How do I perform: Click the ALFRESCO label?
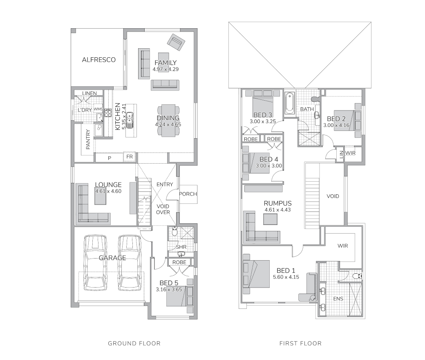click(x=98, y=60)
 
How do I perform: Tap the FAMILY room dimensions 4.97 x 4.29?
click(x=166, y=69)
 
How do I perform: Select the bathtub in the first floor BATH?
click(x=289, y=103)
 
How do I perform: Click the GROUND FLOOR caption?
click(x=134, y=344)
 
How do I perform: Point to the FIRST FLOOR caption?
click(x=300, y=344)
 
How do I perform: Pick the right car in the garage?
click(x=130, y=263)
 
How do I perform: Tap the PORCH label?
click(x=188, y=194)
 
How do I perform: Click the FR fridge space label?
click(x=130, y=157)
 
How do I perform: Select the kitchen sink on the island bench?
click(x=130, y=119)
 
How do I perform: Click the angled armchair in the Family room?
click(x=176, y=43)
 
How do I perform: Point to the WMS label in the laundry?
click(x=98, y=109)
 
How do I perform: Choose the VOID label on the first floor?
click(x=333, y=196)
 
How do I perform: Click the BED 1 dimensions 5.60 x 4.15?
click(x=286, y=277)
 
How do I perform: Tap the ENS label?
click(x=338, y=299)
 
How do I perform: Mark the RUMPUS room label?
click(x=277, y=203)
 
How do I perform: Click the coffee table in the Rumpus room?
click(x=270, y=219)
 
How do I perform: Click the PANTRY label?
click(x=88, y=139)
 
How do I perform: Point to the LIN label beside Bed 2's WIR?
click(x=341, y=154)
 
